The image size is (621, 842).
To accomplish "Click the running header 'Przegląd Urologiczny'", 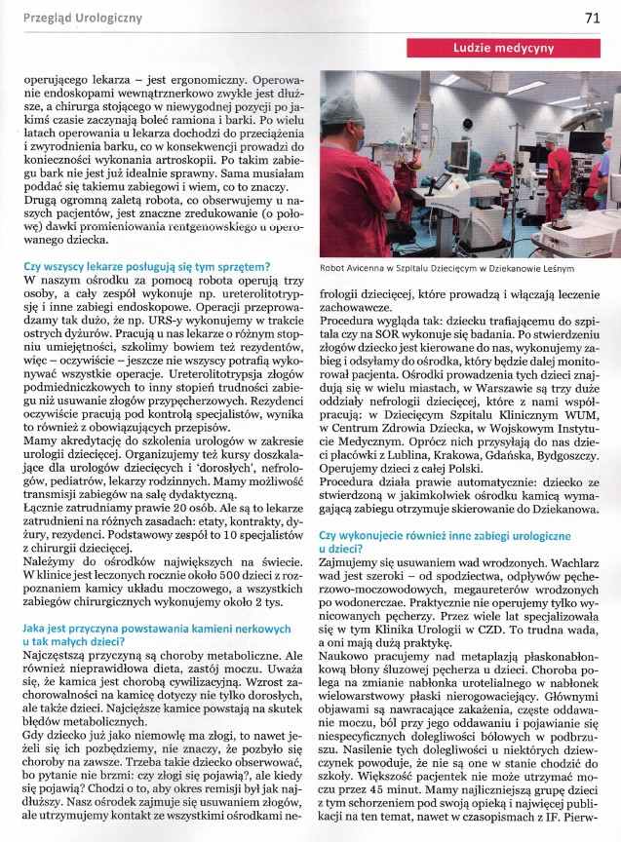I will [76, 18].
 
